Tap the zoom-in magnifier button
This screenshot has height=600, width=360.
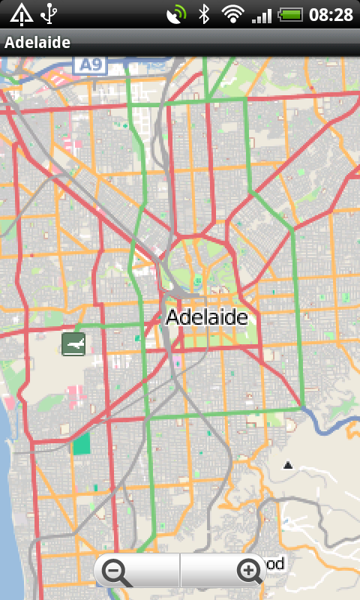pyautogui.click(x=249, y=572)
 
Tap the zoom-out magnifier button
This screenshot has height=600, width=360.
pyautogui.click(x=116, y=572)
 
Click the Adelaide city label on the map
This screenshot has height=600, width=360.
pyautogui.click(x=206, y=317)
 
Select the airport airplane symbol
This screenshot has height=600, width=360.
pyautogui.click(x=73, y=344)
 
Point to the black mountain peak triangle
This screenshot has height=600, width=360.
pyautogui.click(x=287, y=466)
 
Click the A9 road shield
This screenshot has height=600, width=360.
pyautogui.click(x=91, y=65)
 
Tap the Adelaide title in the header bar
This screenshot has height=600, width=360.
pyautogui.click(x=37, y=43)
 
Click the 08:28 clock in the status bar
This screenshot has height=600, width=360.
pyautogui.click(x=331, y=14)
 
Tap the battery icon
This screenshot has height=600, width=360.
pyautogui.click(x=289, y=14)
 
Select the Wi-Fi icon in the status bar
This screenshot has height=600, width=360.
pyautogui.click(x=233, y=14)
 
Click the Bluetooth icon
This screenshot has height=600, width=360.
pyautogui.click(x=203, y=14)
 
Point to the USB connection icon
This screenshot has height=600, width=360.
pyautogui.click(x=49, y=13)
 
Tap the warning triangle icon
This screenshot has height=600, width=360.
pyautogui.click(x=20, y=13)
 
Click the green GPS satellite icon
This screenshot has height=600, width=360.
pyautogui.click(x=175, y=13)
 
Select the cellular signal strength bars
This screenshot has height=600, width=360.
pyautogui.click(x=262, y=14)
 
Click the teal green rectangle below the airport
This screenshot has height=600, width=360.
pyautogui.click(x=81, y=443)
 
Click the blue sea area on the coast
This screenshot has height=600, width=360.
pyautogui.click(x=9, y=487)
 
